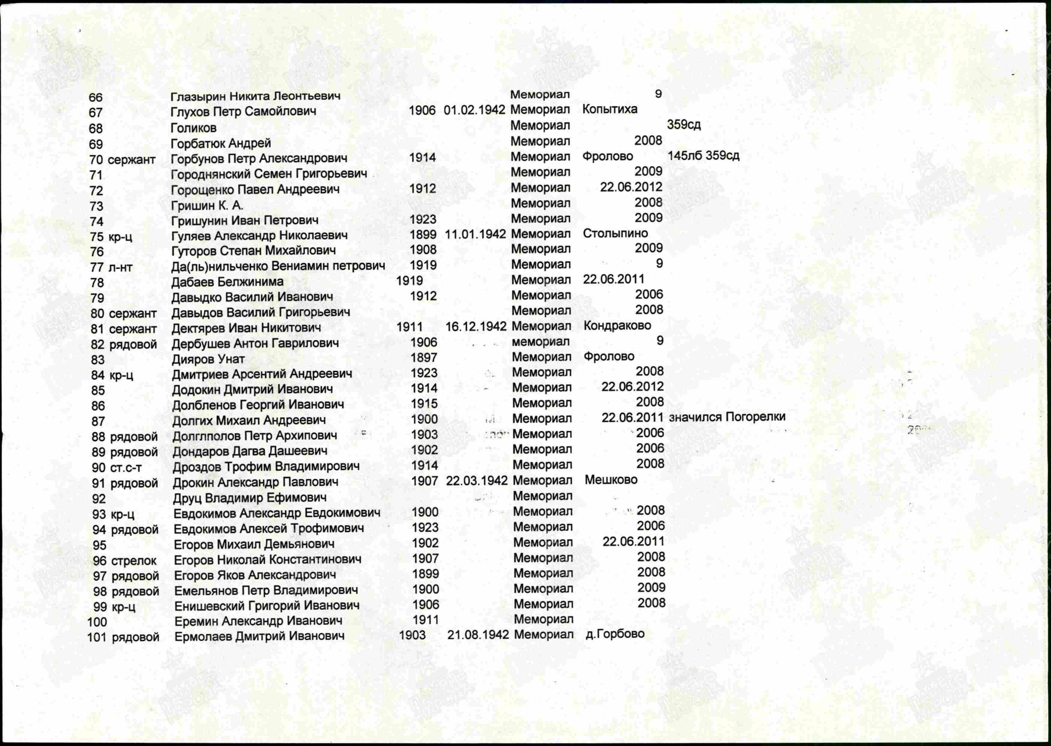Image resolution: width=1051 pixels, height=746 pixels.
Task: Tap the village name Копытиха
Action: click(610, 109)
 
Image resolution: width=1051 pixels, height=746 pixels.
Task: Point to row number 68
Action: click(95, 129)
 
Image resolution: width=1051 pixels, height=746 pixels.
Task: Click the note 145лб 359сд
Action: click(703, 156)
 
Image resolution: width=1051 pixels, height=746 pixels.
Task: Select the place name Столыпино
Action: click(615, 233)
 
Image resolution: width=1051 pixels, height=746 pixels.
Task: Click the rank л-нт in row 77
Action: click(120, 267)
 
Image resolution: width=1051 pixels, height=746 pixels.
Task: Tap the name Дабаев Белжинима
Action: click(227, 282)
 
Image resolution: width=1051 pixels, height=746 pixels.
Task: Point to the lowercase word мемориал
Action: click(541, 342)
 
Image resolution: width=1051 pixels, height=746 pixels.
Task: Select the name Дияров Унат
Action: click(208, 359)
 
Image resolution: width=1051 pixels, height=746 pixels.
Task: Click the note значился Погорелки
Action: click(727, 417)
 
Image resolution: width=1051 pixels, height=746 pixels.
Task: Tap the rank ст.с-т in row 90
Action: click(126, 468)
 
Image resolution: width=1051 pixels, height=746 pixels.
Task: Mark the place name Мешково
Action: click(611, 480)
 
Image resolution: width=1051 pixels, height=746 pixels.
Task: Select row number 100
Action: click(97, 622)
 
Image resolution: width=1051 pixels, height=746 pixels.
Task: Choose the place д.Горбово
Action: click(615, 634)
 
